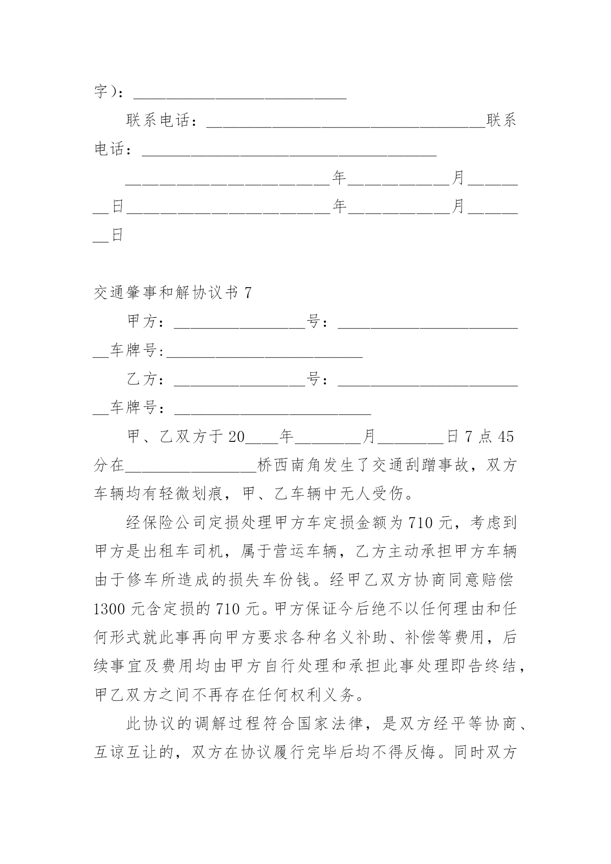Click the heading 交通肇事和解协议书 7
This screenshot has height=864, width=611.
[x=173, y=293]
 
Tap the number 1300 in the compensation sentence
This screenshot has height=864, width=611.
[x=110, y=609]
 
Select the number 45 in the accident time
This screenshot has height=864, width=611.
[x=506, y=437]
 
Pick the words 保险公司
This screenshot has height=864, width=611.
[x=175, y=523]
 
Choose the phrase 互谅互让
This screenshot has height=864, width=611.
[x=127, y=753]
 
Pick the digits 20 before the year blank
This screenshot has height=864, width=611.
[x=237, y=437]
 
